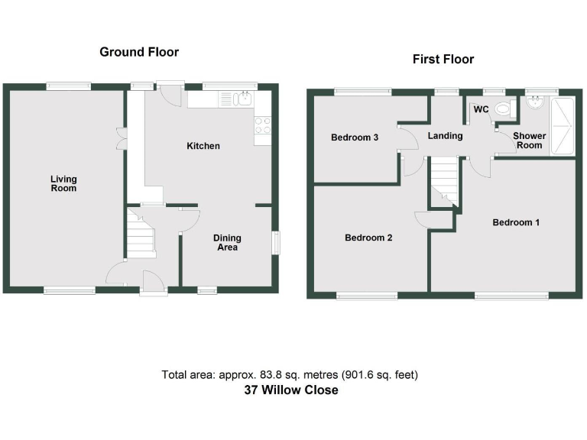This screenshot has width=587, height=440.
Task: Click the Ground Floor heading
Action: tap(139, 52)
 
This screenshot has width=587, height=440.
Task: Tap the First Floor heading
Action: tap(443, 59)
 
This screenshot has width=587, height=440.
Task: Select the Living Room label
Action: tap(63, 183)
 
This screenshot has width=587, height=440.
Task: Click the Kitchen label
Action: tap(203, 146)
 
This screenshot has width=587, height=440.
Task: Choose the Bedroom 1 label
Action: tap(516, 222)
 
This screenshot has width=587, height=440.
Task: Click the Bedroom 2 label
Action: tap(368, 238)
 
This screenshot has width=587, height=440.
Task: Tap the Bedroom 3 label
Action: tap(355, 138)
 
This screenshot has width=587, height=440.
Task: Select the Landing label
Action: tap(445, 136)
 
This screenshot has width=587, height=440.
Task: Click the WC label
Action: tap(481, 110)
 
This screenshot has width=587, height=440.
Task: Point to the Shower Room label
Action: tap(529, 141)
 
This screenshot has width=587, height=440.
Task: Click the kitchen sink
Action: tap(244, 99)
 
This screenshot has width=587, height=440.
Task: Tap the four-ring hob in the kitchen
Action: tap(262, 125)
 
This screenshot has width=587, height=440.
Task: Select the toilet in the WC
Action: tap(503, 109)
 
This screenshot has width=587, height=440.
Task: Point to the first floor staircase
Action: tap(444, 182)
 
